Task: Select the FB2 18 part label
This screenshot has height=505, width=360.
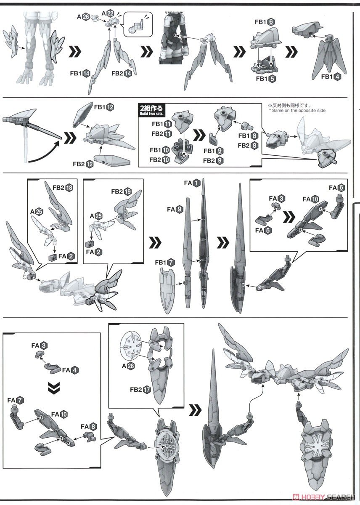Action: pyautogui.click(x=63, y=187)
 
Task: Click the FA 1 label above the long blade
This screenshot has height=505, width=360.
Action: pyautogui.click(x=192, y=183)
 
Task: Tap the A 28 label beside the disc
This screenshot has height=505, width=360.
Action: pyautogui.click(x=129, y=366)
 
